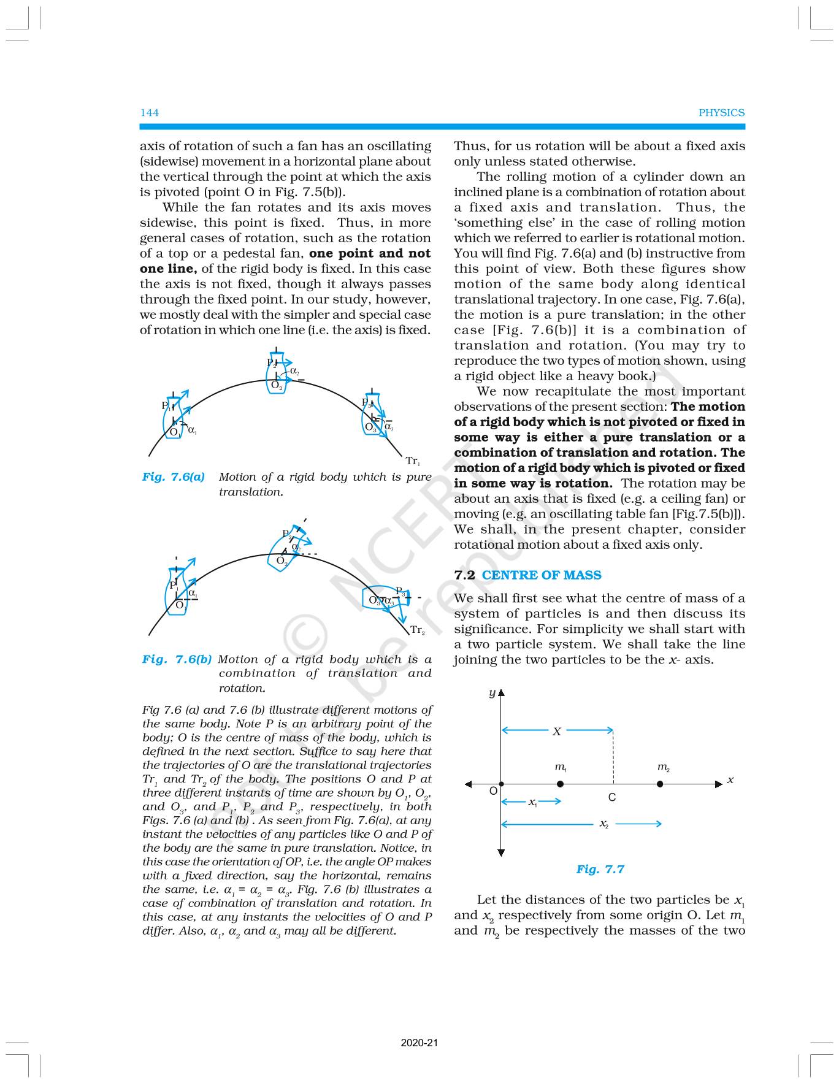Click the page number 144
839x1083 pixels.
point(150,112)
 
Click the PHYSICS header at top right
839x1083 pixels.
point(722,112)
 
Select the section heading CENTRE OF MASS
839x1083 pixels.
point(542,575)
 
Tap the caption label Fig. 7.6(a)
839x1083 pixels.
point(174,476)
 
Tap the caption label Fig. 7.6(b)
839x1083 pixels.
point(177,659)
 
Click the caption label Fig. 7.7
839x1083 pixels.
point(600,869)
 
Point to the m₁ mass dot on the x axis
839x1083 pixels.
point(560,784)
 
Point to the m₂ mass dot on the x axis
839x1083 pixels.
point(659,784)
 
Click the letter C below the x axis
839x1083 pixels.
point(611,798)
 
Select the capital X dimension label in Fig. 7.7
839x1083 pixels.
point(556,731)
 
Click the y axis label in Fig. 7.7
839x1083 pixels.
point(492,692)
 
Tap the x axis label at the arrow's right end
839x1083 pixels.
point(730,780)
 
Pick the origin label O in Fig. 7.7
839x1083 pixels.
point(492,792)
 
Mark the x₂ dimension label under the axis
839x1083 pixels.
point(604,824)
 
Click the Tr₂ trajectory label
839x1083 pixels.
point(417,630)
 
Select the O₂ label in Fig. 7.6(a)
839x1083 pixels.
point(277,386)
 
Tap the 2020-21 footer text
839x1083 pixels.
point(419,1043)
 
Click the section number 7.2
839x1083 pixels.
point(464,575)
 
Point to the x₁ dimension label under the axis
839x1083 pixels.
point(532,802)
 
